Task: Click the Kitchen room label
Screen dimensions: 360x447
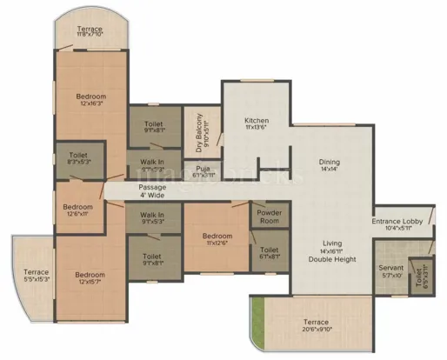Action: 255,121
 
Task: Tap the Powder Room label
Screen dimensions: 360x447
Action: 268,217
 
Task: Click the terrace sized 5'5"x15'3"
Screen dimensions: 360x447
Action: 37,276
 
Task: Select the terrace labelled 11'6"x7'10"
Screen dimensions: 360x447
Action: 90,33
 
